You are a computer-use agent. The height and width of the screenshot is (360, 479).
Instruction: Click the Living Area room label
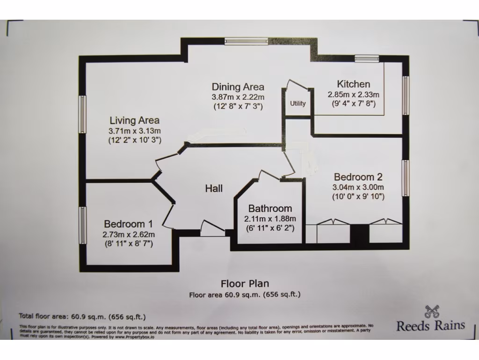(134, 120)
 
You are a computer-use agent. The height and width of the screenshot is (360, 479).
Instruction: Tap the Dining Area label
(238, 87)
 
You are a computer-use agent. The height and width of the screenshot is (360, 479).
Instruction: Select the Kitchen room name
(353, 84)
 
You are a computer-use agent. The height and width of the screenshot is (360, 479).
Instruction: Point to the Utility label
(298, 104)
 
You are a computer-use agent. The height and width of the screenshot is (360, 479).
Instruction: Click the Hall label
(214, 189)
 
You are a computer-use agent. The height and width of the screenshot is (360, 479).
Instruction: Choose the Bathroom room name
(270, 209)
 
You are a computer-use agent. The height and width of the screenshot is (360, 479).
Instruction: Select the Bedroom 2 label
(358, 177)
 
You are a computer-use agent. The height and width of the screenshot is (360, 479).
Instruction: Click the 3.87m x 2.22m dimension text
(238, 97)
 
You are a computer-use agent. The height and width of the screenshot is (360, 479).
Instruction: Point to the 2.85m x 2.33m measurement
(353, 94)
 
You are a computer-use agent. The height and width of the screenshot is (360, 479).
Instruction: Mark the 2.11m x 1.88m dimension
(270, 218)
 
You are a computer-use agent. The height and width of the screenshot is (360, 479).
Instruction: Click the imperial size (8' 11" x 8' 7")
(129, 244)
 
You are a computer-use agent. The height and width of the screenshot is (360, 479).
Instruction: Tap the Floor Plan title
(245, 284)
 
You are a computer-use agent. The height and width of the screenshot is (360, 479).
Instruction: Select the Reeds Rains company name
(431, 326)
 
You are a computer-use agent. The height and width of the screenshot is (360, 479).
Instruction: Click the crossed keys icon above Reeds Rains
(431, 311)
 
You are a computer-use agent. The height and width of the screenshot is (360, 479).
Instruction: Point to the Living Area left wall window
(83, 114)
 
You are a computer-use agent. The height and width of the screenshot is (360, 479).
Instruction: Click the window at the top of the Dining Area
(245, 41)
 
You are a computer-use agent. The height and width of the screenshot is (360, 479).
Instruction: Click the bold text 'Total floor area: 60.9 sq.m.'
(82, 316)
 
